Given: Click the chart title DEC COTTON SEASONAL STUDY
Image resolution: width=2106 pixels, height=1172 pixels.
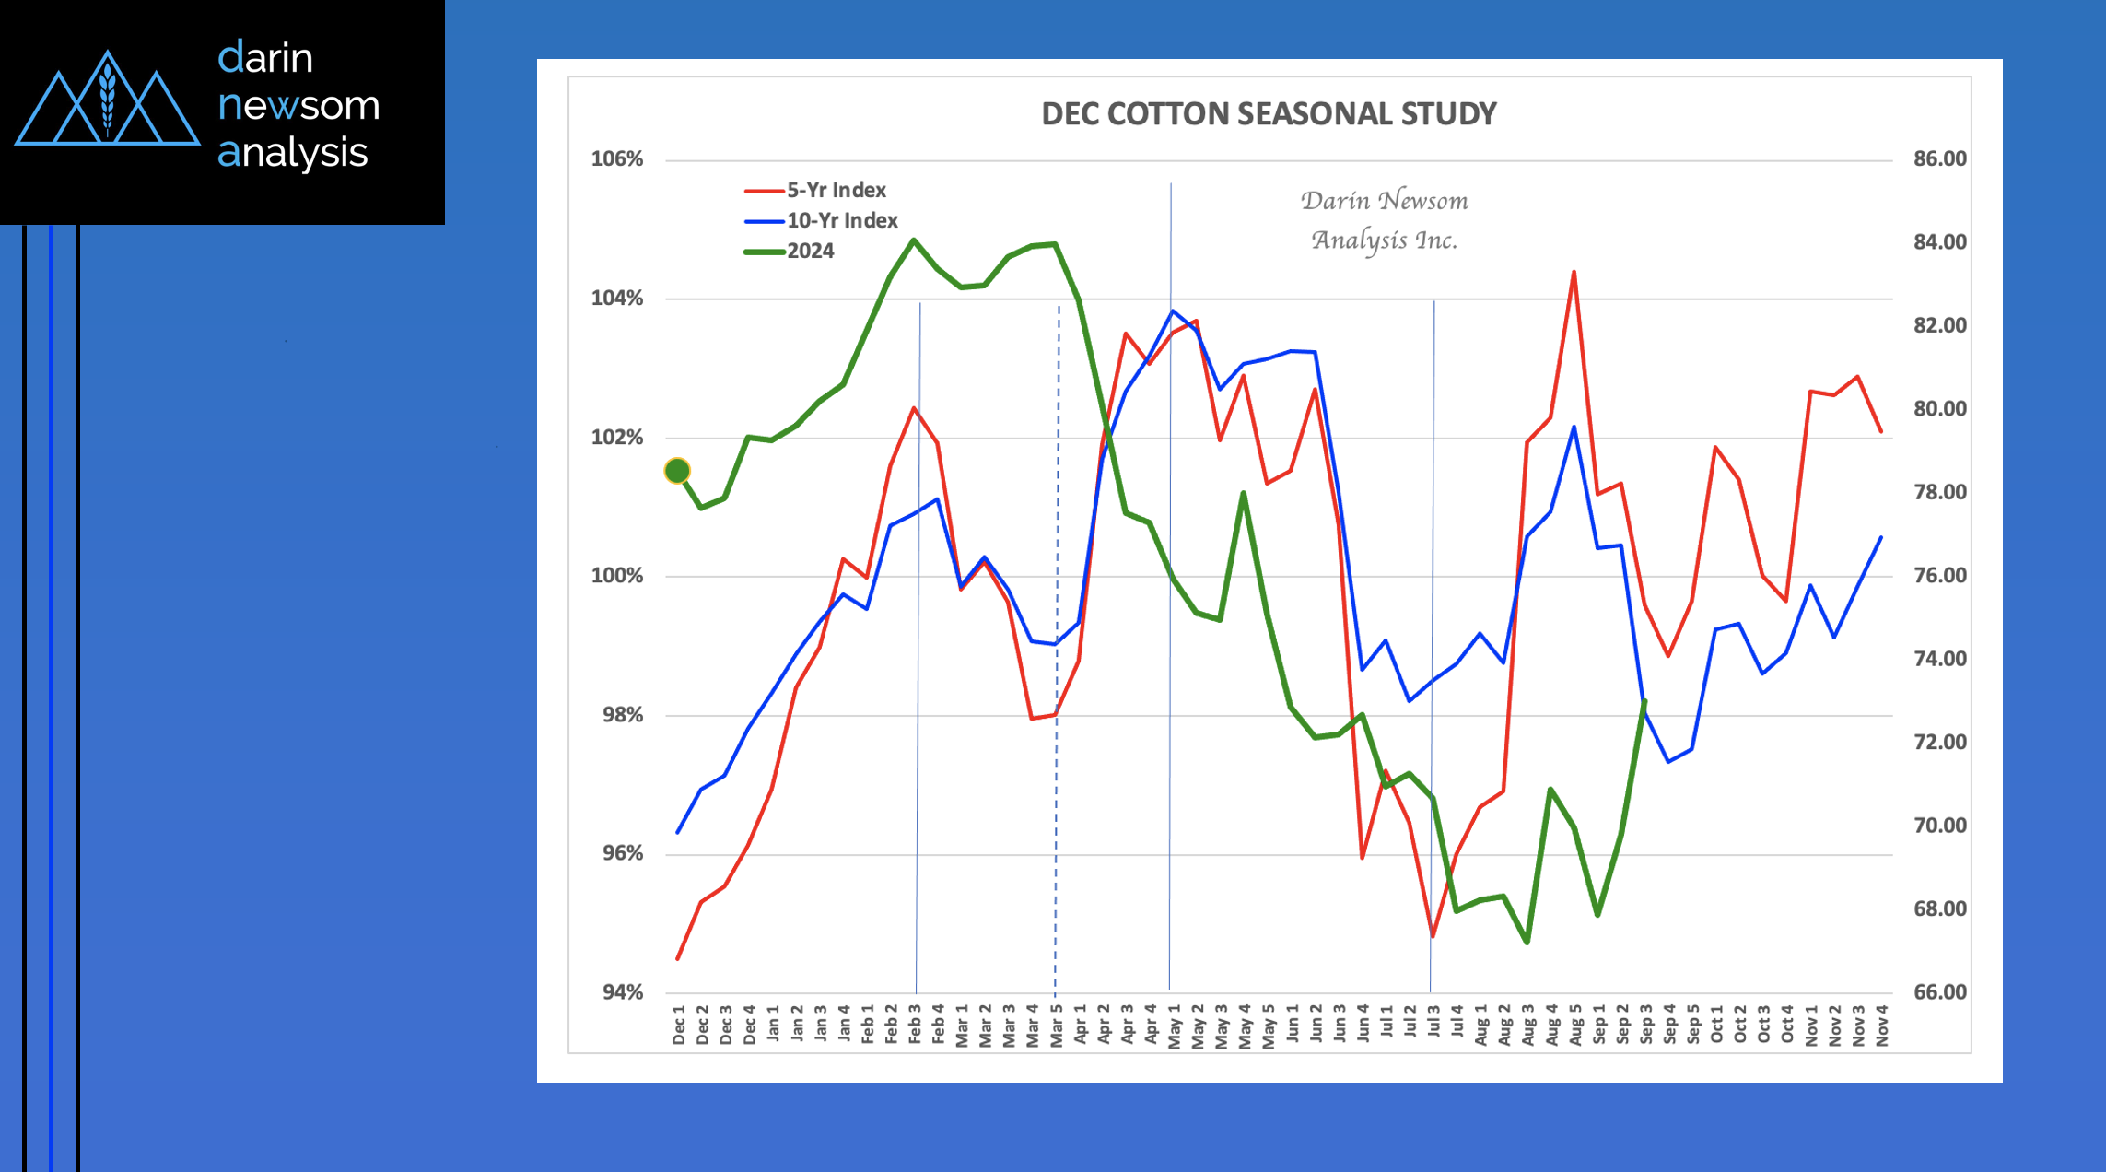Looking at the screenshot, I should click(1269, 113).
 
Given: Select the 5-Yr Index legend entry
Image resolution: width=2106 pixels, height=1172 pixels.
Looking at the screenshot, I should click(835, 190).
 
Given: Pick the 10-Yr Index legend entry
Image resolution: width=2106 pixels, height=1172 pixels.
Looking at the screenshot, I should click(841, 220).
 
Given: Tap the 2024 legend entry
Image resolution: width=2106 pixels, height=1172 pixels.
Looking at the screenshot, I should click(809, 251).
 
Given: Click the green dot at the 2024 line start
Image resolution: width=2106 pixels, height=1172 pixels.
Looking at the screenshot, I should click(677, 471).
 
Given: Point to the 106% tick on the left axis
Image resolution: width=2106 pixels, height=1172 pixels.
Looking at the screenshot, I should click(616, 158).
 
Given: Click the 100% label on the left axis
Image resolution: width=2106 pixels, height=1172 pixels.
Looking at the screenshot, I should click(616, 576).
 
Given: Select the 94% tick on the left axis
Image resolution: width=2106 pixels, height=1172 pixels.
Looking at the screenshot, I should click(622, 992).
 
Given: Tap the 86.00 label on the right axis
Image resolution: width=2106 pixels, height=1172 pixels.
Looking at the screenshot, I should click(1939, 158).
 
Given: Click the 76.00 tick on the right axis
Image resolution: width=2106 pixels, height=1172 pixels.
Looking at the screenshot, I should click(1939, 575).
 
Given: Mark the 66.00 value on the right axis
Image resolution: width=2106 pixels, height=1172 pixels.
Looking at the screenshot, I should click(1939, 992).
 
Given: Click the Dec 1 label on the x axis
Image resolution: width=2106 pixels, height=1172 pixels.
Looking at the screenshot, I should click(679, 1025).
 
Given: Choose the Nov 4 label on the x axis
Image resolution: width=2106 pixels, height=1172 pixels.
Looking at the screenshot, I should click(1882, 1025).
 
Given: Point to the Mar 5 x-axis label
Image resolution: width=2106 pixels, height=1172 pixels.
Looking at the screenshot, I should click(1057, 1025).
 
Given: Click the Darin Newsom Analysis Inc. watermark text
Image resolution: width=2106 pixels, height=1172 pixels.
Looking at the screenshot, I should click(1384, 220).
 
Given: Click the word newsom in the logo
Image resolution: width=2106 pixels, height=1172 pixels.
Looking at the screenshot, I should click(298, 105).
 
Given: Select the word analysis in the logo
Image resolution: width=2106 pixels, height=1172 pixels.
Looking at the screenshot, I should click(292, 152).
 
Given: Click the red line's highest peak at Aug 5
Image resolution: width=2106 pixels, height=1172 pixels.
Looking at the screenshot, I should click(1574, 273).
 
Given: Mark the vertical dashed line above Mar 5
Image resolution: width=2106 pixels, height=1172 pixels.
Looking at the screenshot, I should click(1057, 553).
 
